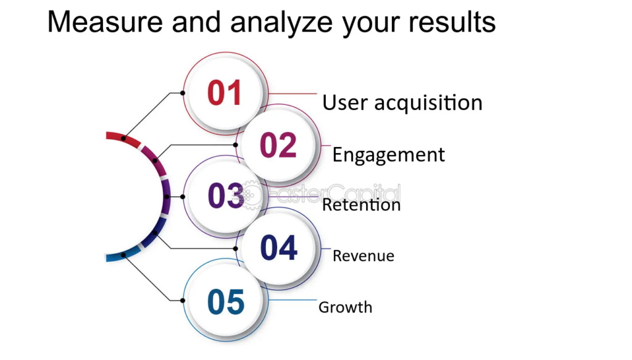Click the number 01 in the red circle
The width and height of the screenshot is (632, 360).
tap(224, 93)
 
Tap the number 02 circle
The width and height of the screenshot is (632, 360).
tap(278, 144)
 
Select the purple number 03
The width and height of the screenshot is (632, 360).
tap(226, 196)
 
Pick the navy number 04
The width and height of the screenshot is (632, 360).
tap(278, 248)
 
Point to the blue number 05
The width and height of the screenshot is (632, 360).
tap(226, 301)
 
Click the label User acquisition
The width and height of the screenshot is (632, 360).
tap(402, 103)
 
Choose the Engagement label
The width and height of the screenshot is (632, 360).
tap(389, 155)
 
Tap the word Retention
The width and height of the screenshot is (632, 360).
tap(361, 205)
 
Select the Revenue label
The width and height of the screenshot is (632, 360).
tap(364, 256)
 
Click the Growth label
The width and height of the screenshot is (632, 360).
tap(346, 307)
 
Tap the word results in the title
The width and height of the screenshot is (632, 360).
tap(452, 22)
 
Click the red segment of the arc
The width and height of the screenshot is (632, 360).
tap(123, 138)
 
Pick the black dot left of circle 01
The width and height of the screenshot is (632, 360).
tap(183, 93)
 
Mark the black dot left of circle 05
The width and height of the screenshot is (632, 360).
tap(183, 300)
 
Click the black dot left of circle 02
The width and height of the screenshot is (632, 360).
tap(235, 144)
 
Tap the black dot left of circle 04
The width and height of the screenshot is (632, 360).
tap(235, 248)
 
